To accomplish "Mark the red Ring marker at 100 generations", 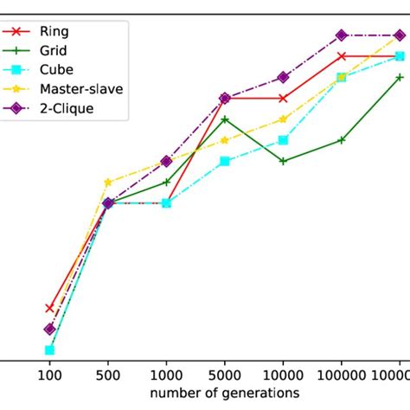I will (49, 308).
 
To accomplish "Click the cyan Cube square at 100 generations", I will (49, 350).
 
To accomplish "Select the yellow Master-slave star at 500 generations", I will (108, 183).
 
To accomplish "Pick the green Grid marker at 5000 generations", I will (224, 119).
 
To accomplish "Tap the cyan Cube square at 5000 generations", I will (224, 161).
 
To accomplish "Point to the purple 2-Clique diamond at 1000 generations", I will (166, 162).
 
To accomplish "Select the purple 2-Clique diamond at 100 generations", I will (49, 329).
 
